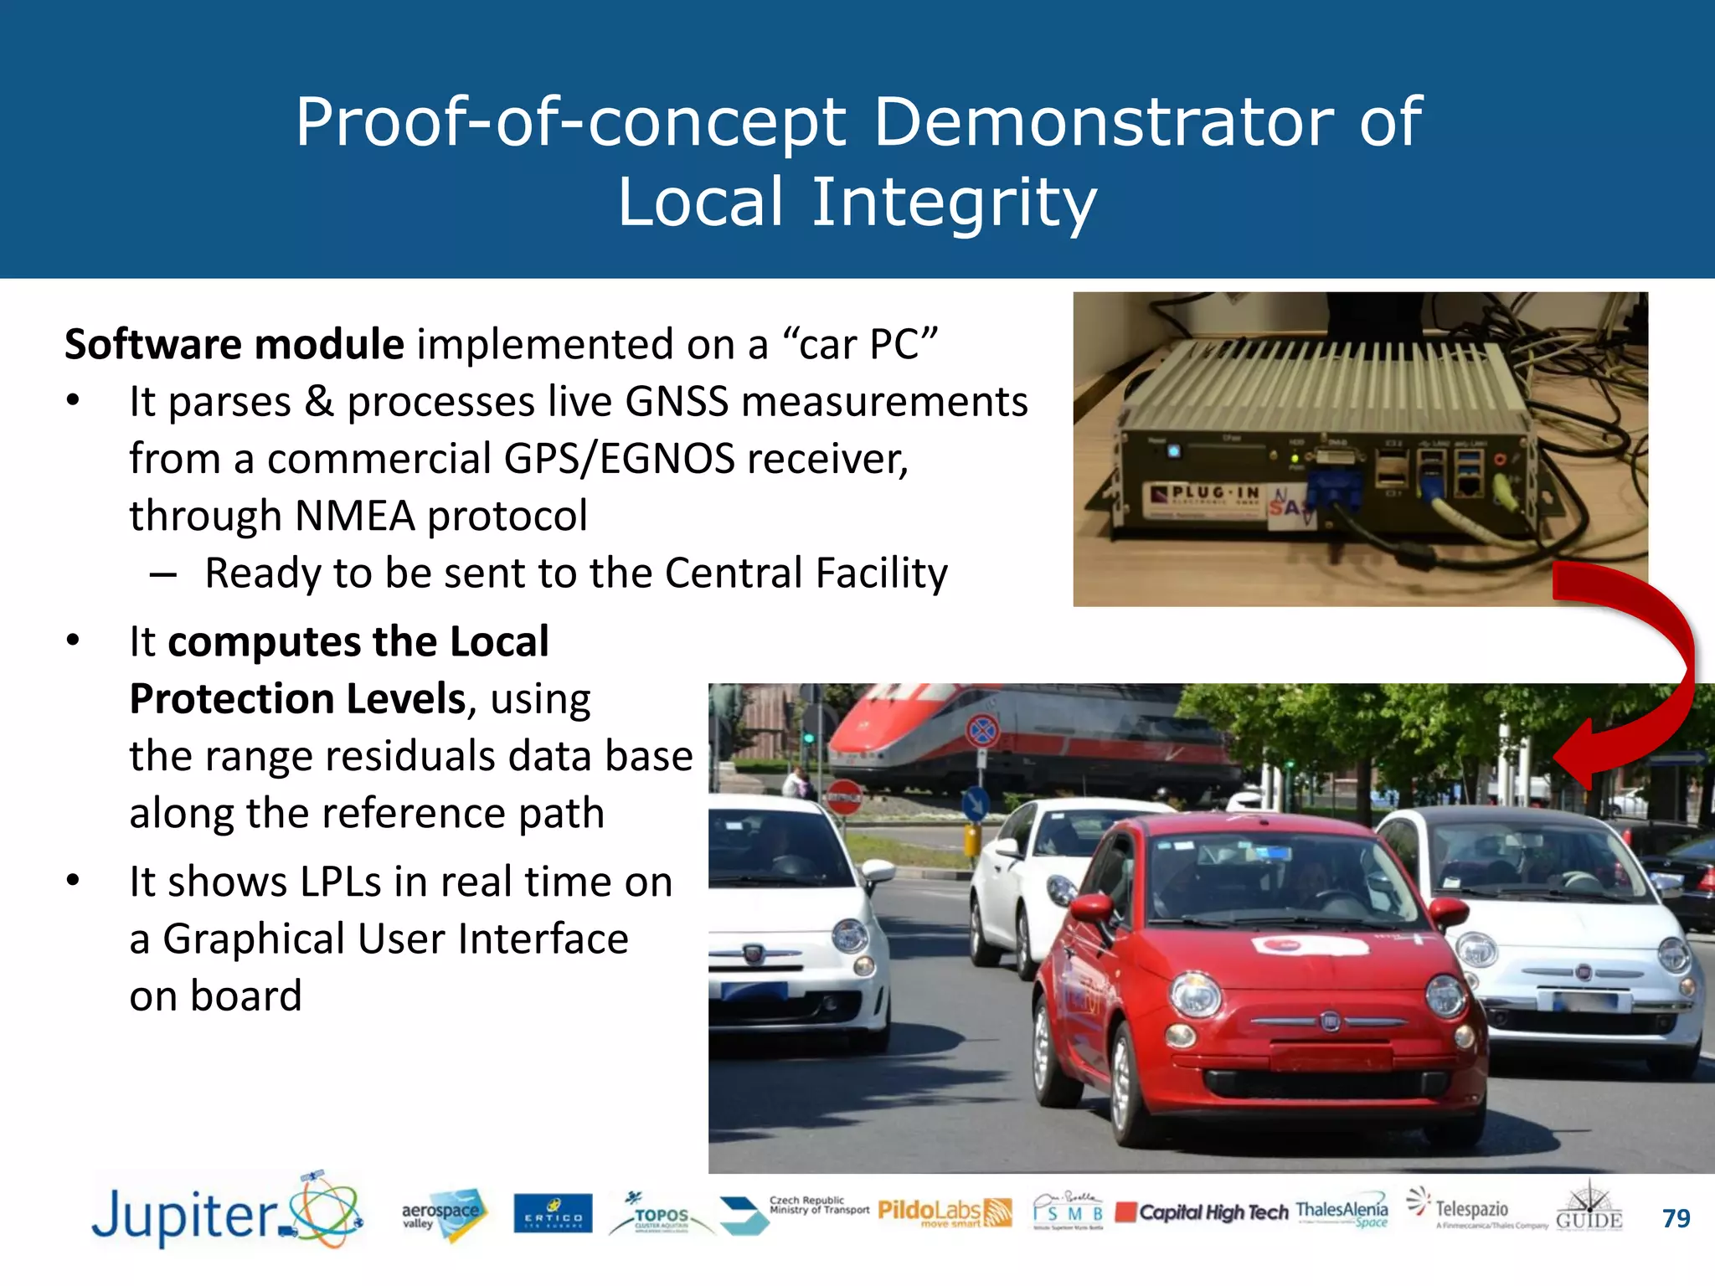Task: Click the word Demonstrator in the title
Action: (1104, 122)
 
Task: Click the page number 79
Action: (1676, 1218)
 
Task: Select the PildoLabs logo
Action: (944, 1211)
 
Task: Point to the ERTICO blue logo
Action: (553, 1214)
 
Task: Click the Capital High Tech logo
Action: (1203, 1212)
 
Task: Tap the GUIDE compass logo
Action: (1589, 1208)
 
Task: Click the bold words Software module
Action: (234, 345)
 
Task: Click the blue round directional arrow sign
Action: (974, 804)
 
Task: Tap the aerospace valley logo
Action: (442, 1213)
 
